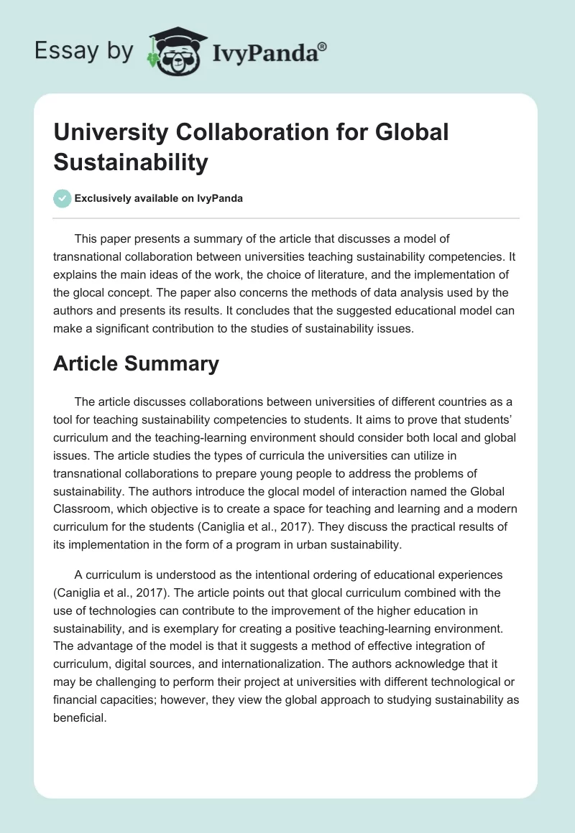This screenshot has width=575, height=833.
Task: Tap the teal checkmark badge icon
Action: coord(62,198)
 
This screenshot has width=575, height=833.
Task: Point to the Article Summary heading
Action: coord(136,363)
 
